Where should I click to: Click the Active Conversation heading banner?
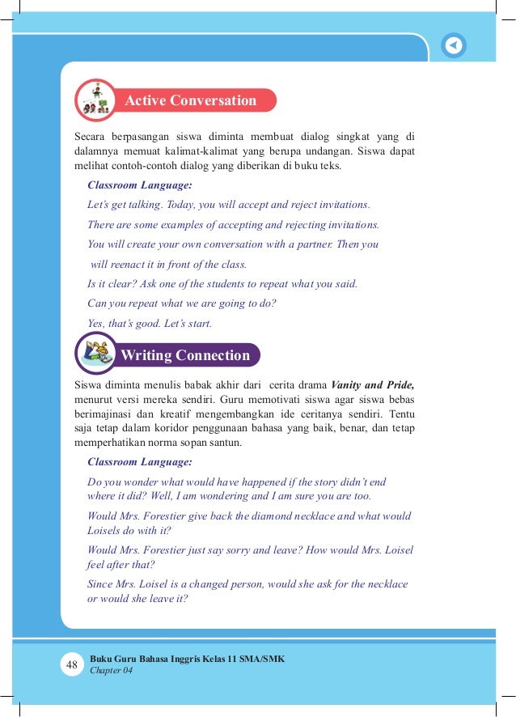pos(190,101)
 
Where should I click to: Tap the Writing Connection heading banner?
pos(185,355)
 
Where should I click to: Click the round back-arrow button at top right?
pos(455,45)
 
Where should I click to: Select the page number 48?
pos(72,665)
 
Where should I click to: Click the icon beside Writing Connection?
pos(96,354)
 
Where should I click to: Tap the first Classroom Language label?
pos(139,185)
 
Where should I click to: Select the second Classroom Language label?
pos(139,462)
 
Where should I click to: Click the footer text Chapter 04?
pos(112,671)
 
